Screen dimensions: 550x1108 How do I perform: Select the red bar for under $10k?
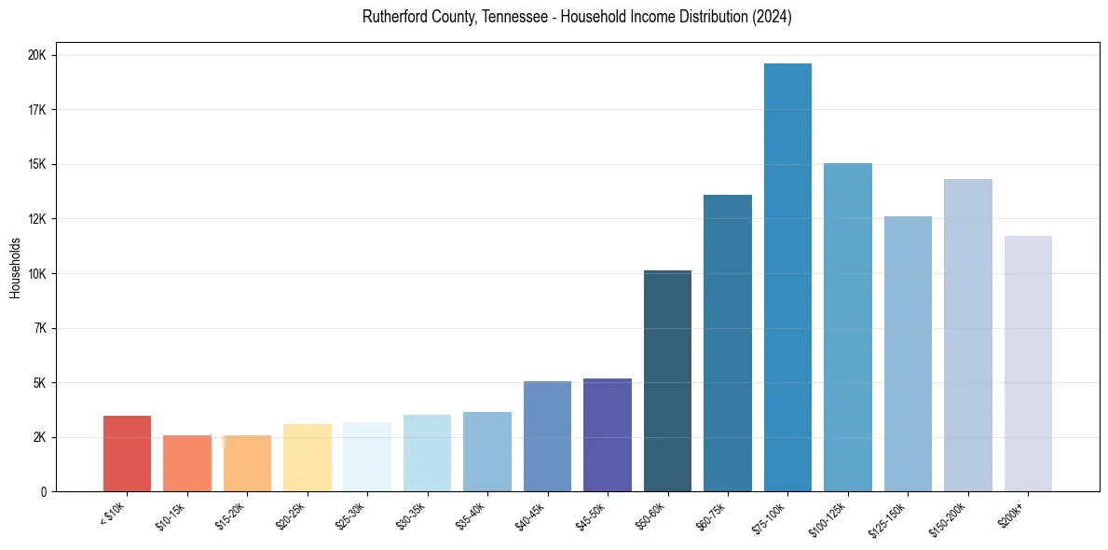pos(127,453)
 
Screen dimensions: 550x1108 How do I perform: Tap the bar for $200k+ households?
pos(1028,364)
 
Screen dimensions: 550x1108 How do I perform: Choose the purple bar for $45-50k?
pos(608,434)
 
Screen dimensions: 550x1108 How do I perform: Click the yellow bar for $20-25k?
pos(307,458)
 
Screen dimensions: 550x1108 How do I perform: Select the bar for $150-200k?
pos(967,335)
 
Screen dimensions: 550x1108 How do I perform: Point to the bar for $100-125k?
pos(847,327)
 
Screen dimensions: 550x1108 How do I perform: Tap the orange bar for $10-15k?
pos(187,463)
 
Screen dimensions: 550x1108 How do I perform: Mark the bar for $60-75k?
pos(727,343)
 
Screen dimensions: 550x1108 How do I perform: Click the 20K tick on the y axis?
pos(39,55)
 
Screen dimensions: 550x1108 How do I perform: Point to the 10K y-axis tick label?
pos(39,274)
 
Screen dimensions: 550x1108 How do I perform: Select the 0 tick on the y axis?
pos(44,492)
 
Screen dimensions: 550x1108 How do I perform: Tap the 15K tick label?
pos(39,165)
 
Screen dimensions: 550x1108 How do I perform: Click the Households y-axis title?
pos(16,268)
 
